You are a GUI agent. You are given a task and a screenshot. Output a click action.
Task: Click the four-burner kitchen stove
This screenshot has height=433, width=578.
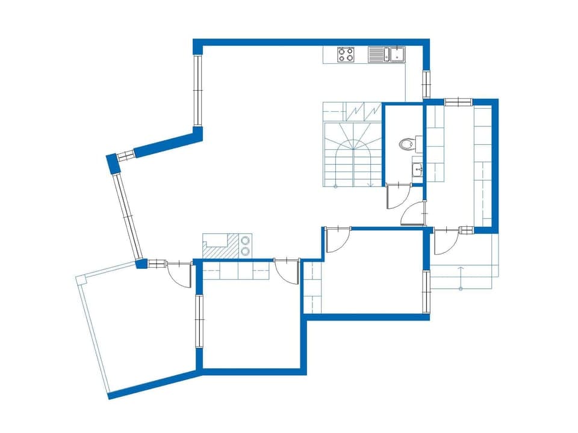(x=346, y=55)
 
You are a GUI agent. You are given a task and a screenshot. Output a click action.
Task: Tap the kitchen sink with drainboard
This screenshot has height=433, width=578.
(x=388, y=55)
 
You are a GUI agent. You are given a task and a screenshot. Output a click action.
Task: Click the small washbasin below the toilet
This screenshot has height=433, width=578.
(x=418, y=169)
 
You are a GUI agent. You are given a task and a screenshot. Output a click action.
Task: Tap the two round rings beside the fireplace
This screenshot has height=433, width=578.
(x=246, y=246)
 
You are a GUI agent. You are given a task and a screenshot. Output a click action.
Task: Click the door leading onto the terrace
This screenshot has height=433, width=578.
(x=179, y=274)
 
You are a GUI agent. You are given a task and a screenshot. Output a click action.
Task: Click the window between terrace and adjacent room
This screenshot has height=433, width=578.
(x=198, y=320)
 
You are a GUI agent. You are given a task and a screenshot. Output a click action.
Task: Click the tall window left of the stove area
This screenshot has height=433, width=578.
(x=197, y=90)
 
